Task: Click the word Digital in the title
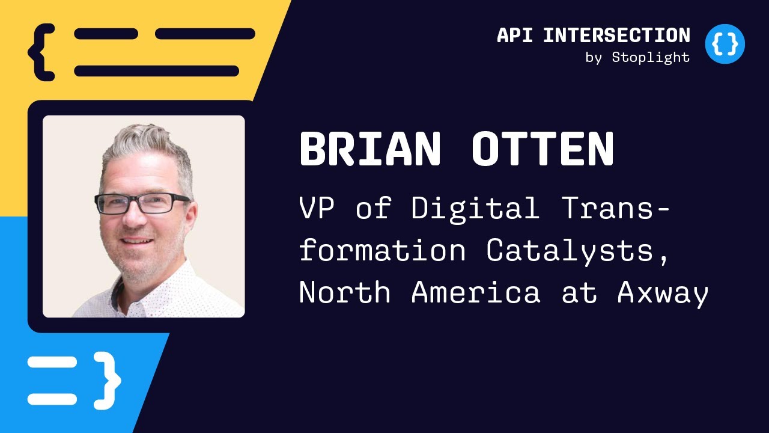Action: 475,208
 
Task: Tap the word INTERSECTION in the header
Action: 616,35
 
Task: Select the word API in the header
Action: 515,35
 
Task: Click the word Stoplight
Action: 651,58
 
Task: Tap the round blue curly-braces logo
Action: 725,44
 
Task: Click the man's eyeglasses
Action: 142,203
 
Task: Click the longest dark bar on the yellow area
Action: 156,71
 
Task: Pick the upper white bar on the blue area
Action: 52,363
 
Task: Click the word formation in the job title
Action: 382,250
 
